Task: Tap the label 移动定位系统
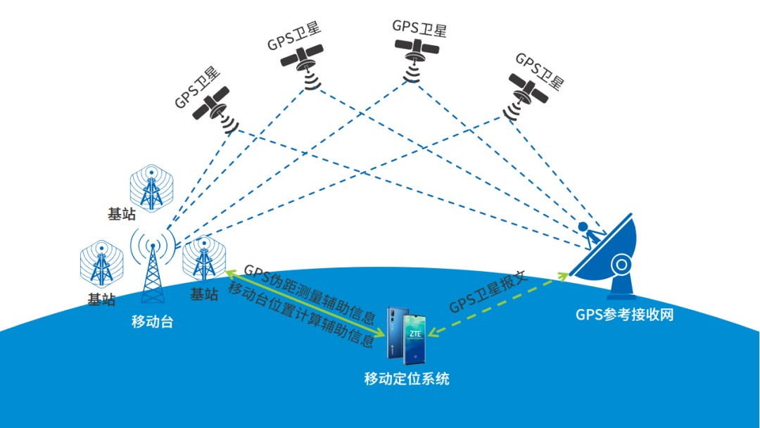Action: click(406, 379)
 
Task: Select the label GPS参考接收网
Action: click(623, 315)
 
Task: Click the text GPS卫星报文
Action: click(489, 292)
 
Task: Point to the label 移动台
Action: click(152, 322)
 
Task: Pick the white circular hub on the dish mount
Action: click(622, 265)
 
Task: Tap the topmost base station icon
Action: click(149, 187)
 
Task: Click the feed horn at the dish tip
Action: click(583, 227)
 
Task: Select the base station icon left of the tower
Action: click(102, 265)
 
